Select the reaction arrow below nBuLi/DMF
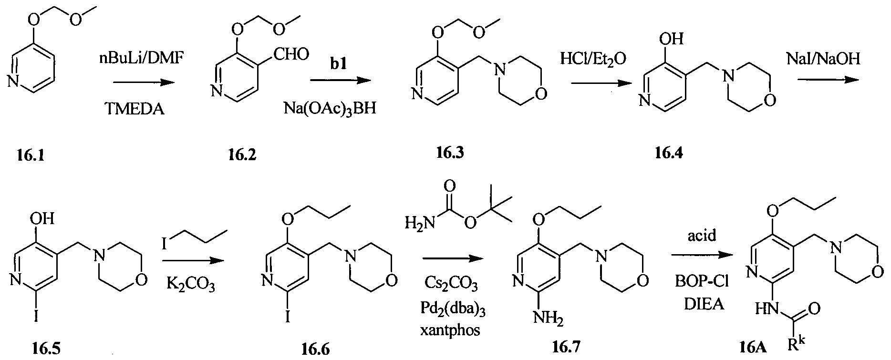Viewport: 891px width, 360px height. tap(142, 82)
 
